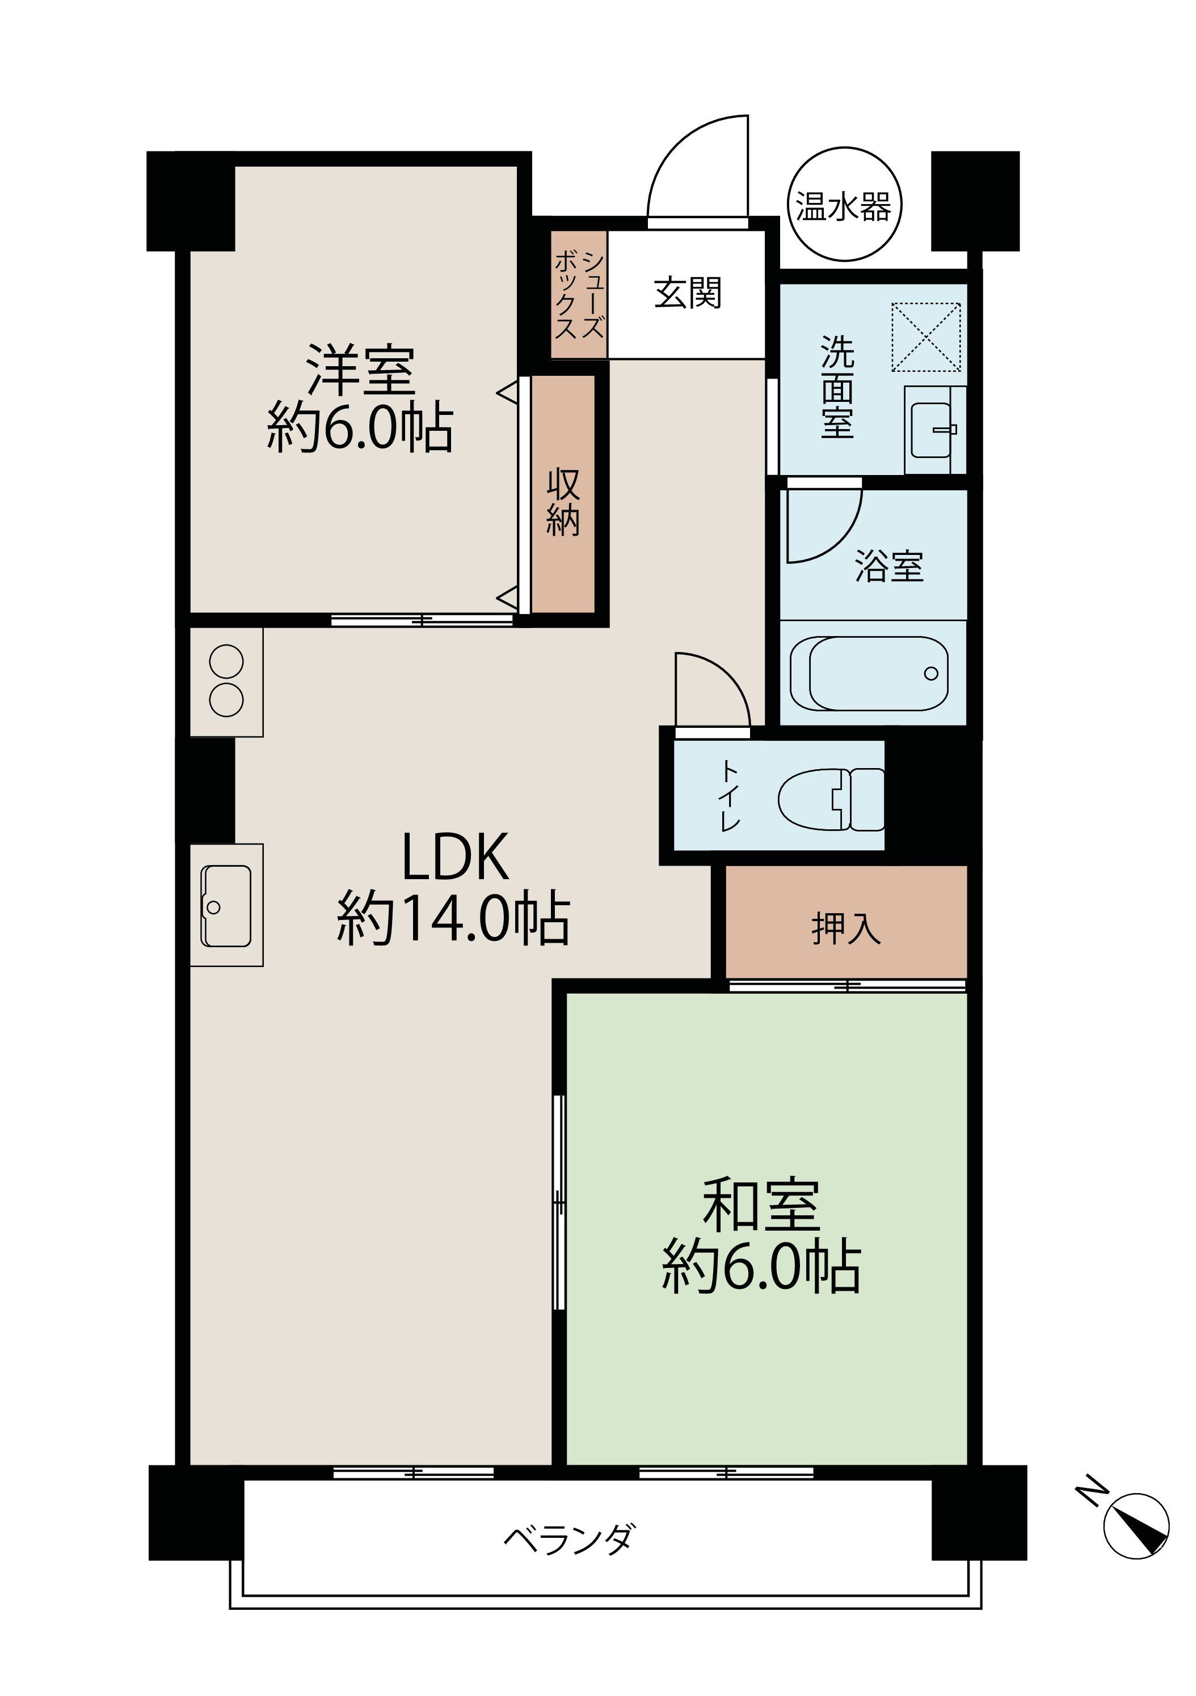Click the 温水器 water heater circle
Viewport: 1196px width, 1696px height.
click(844, 205)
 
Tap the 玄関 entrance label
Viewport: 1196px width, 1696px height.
click(688, 293)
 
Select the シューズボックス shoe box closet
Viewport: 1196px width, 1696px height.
click(579, 295)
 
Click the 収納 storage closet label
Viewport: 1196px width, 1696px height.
click(563, 502)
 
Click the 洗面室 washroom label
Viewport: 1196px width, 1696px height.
click(837, 387)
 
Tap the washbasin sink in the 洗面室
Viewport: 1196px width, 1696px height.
click(932, 430)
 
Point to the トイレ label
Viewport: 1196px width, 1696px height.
click(730, 795)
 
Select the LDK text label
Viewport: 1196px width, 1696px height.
click(454, 857)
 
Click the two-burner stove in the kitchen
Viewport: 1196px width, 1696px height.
click(226, 681)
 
